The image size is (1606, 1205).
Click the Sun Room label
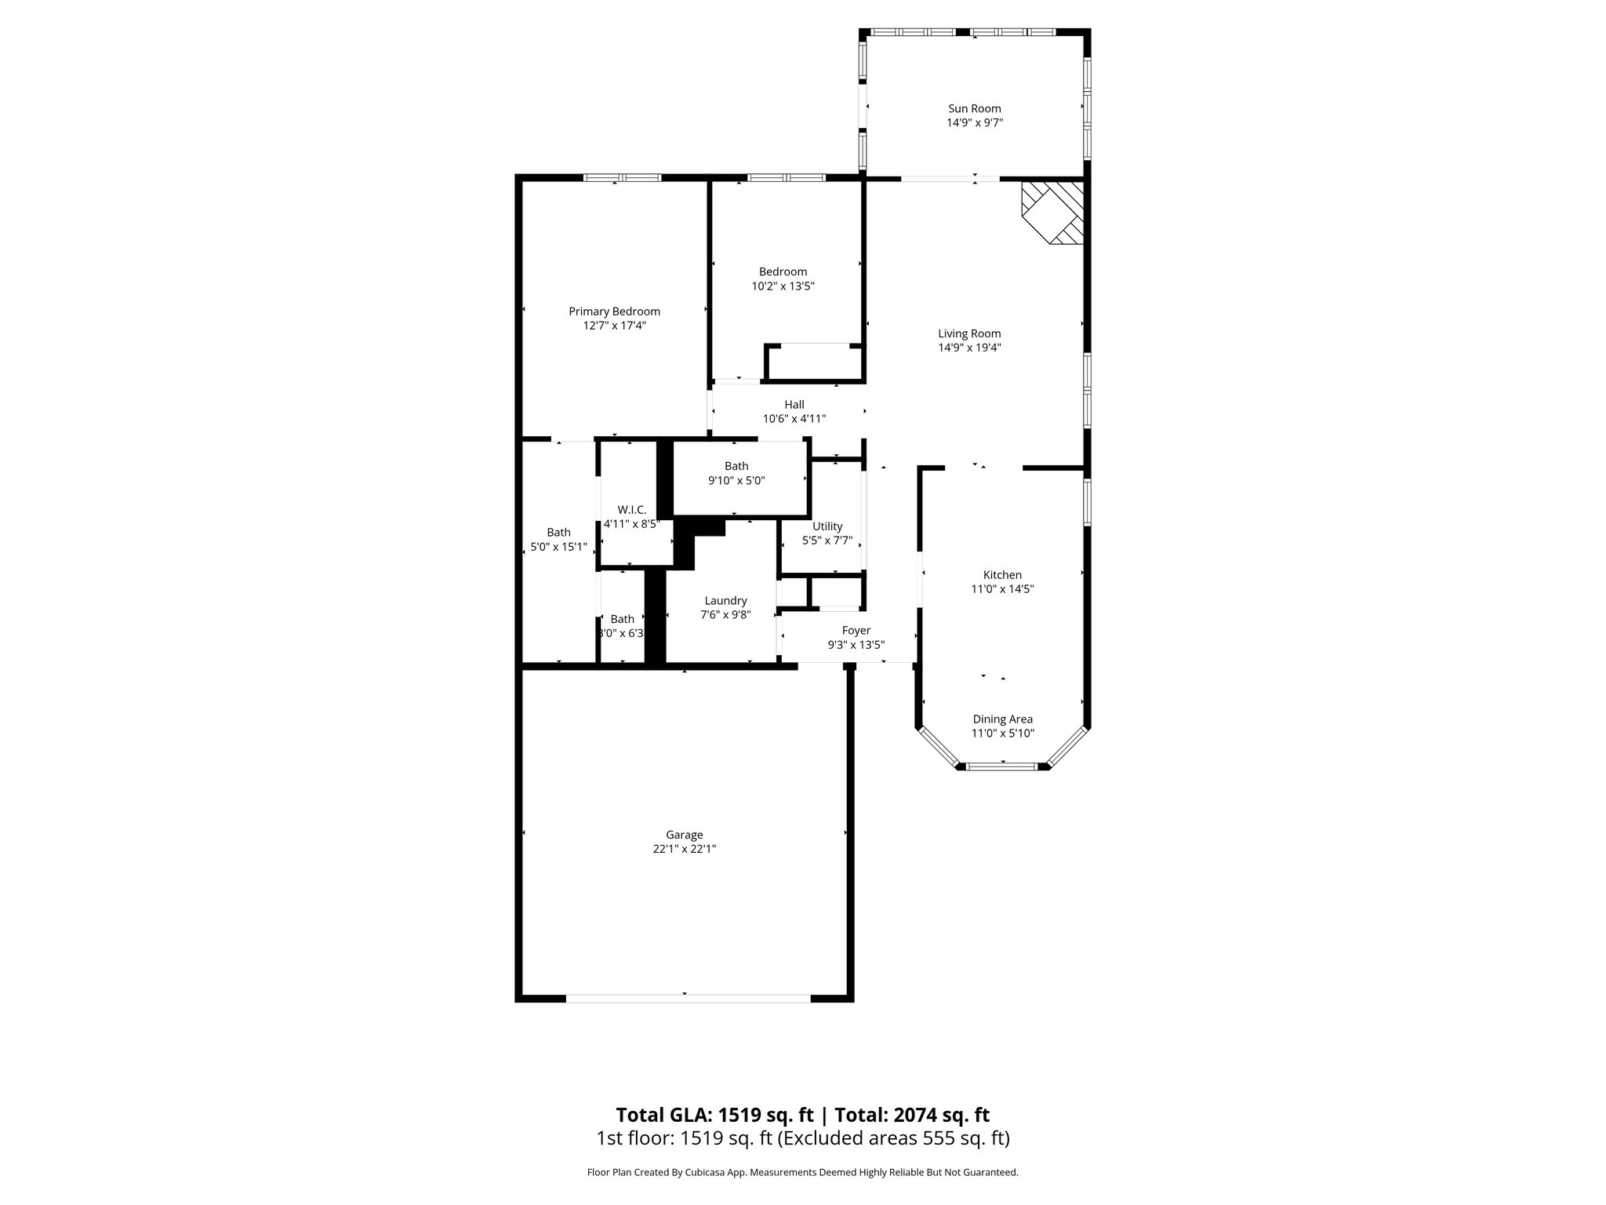[975, 108]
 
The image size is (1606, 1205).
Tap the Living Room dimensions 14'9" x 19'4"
[969, 348]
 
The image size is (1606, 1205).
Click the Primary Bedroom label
[614, 311]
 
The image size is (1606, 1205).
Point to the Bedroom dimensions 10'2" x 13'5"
[783, 286]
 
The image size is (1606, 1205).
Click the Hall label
[794, 405]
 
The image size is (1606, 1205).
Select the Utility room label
[827, 526]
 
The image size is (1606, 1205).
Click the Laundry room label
[725, 601]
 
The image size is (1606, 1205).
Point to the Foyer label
[856, 631]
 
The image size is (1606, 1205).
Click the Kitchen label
[1002, 575]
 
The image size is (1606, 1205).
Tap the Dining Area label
[1002, 719]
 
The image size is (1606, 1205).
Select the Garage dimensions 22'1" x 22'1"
[685, 849]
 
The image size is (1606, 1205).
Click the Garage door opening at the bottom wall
[688, 998]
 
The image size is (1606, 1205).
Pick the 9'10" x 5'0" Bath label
[736, 466]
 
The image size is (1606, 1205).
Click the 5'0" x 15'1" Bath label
[558, 533]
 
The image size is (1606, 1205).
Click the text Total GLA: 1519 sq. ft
[714, 1115]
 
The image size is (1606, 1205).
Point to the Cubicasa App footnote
[802, 1173]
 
